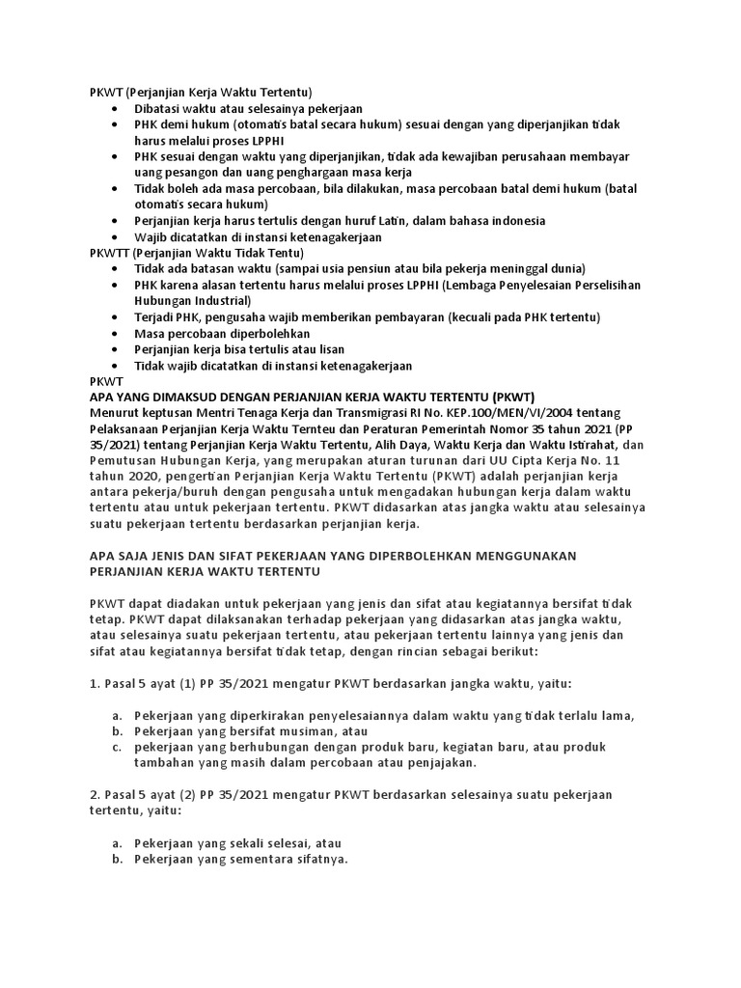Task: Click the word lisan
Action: coord(329,349)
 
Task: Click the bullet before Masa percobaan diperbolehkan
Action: coord(116,333)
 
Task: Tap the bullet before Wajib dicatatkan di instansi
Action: coord(116,237)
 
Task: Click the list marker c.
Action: coord(116,747)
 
